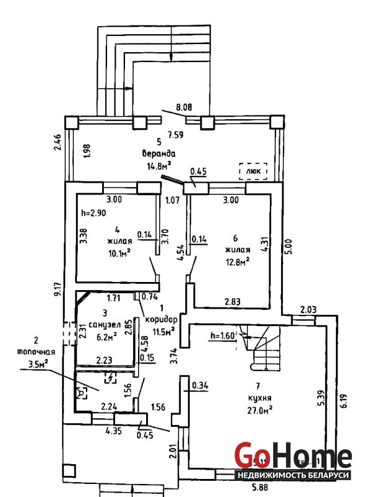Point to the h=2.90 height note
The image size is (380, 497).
tap(95, 213)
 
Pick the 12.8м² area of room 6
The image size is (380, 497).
tap(237, 260)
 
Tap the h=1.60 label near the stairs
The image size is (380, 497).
tap(221, 336)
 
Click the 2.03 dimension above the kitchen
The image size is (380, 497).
tap(308, 309)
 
